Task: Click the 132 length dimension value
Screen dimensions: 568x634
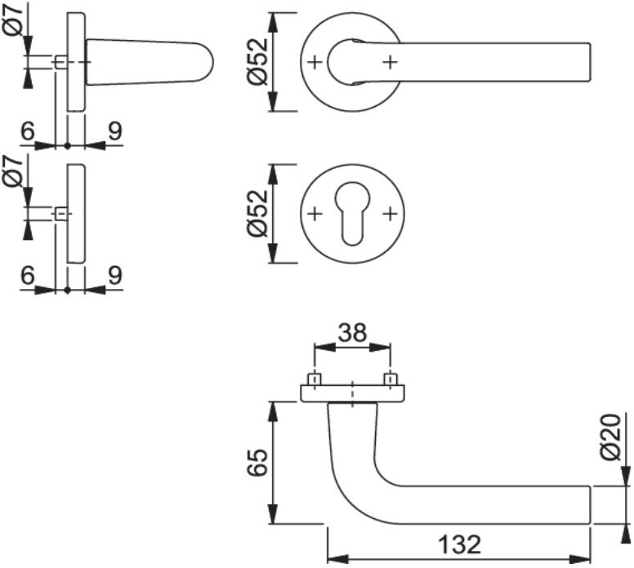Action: click(458, 544)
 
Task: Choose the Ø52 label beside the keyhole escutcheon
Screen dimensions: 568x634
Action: click(256, 214)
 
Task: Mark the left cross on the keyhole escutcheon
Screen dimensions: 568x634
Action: click(315, 214)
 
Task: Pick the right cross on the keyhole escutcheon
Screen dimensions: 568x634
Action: click(391, 214)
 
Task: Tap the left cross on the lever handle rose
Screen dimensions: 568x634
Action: click(315, 62)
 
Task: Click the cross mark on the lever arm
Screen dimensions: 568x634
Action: click(391, 62)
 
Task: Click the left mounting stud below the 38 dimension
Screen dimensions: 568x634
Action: click(314, 379)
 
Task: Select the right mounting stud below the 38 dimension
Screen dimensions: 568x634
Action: click(391, 379)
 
